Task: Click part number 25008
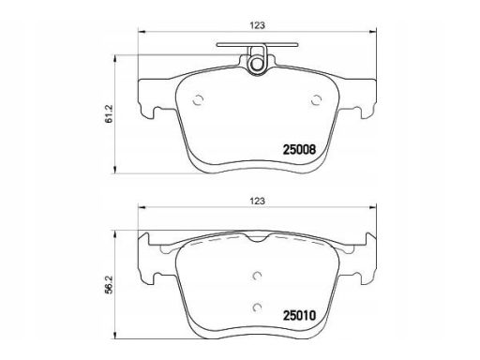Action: pos(299,150)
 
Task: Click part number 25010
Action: pos(299,316)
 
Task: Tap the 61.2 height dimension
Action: pos(109,113)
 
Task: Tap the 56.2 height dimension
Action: pos(109,286)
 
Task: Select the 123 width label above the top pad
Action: pos(257,25)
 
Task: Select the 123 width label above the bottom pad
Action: pos(257,201)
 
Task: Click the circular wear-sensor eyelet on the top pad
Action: pos(257,65)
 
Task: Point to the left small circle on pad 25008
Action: pos(198,100)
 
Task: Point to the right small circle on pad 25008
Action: pos(316,100)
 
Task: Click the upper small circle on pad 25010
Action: pos(257,276)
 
